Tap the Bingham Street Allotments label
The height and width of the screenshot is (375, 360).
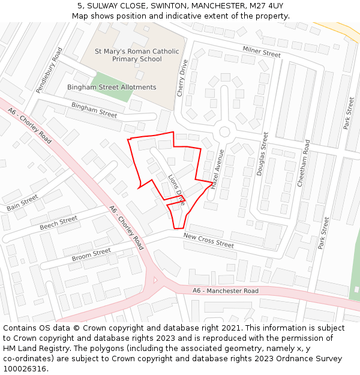pyautogui.click(x=112, y=87)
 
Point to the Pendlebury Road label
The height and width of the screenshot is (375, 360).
pyautogui.click(x=49, y=70)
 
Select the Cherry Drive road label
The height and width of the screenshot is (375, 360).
pyautogui.click(x=182, y=78)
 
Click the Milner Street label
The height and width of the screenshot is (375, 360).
pyautogui.click(x=262, y=52)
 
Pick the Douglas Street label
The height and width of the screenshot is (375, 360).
pyautogui.click(x=262, y=154)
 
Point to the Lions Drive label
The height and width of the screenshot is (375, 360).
pyautogui.click(x=176, y=191)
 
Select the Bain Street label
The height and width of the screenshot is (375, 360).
pyautogui.click(x=22, y=203)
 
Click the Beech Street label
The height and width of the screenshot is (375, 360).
pyautogui.click(x=58, y=223)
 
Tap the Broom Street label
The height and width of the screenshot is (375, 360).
pyautogui.click(x=91, y=255)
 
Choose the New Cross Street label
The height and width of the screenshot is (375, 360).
pyautogui.click(x=208, y=241)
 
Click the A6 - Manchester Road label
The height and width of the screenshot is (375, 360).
pyautogui.click(x=226, y=291)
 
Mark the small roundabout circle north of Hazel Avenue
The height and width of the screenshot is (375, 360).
pyautogui.click(x=224, y=131)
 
